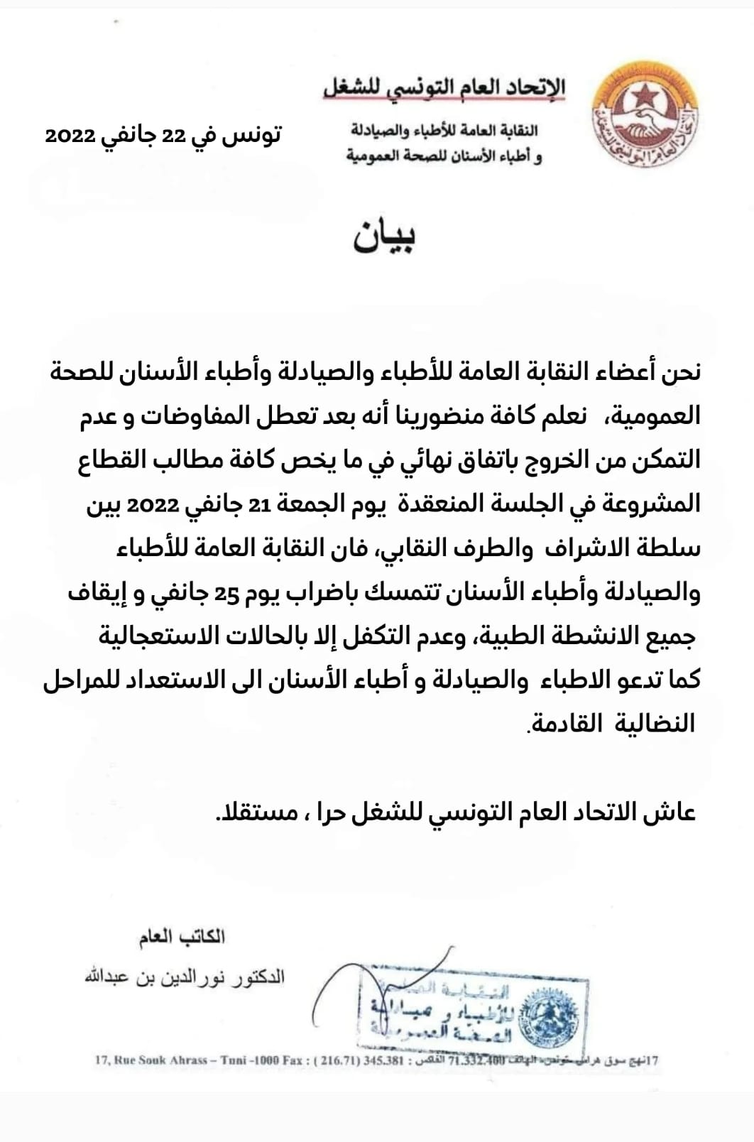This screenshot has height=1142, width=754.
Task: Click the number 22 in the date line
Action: click(x=173, y=135)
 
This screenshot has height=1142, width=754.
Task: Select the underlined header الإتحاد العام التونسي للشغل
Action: click(x=445, y=87)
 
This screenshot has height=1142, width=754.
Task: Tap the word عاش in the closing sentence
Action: click(x=674, y=811)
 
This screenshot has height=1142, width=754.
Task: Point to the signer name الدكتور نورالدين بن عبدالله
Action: click(x=185, y=977)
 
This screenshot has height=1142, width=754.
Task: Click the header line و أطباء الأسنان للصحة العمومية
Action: click(x=444, y=155)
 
